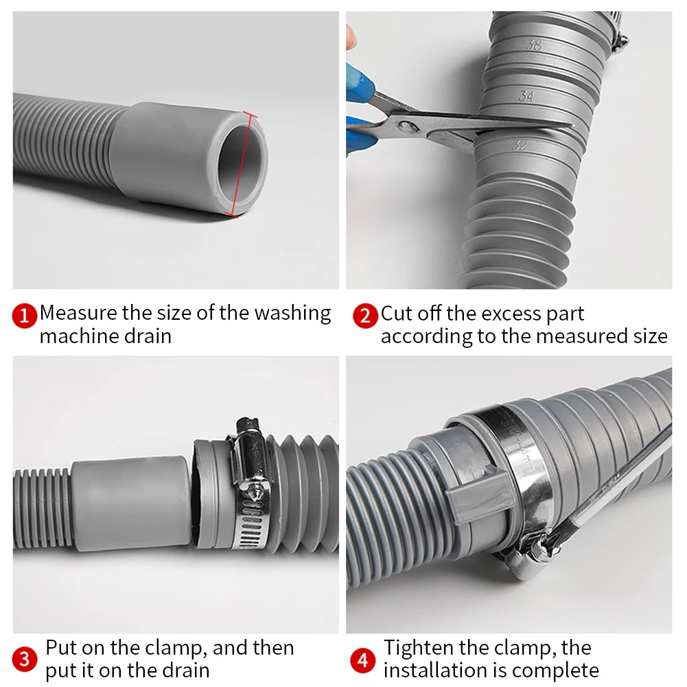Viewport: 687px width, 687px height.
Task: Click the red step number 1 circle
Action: [x=25, y=316]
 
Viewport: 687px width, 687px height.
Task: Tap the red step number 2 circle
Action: [x=365, y=316]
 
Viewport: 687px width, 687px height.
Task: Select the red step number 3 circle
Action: [x=25, y=660]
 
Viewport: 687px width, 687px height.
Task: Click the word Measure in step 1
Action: [x=78, y=313]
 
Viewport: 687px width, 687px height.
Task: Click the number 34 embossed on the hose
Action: [x=526, y=96]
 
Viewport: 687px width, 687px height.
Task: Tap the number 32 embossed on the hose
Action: [x=521, y=145]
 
